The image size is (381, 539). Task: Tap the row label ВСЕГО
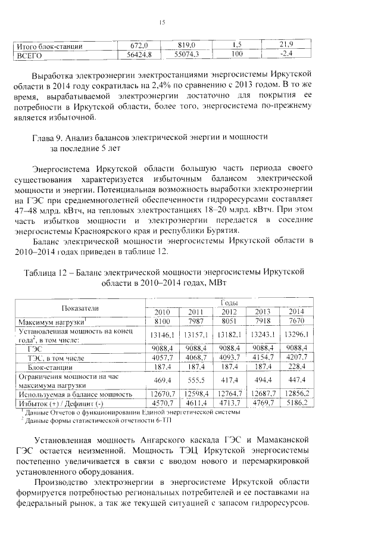point(30,55)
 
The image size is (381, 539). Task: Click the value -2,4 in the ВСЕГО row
point(288,54)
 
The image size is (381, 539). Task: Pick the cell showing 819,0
point(187,45)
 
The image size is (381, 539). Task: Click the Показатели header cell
point(81,307)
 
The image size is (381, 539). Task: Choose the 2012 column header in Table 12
point(229,312)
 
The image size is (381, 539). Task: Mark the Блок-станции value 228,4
point(296,367)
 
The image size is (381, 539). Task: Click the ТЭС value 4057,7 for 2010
point(163,357)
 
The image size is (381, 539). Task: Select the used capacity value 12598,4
point(196,394)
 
